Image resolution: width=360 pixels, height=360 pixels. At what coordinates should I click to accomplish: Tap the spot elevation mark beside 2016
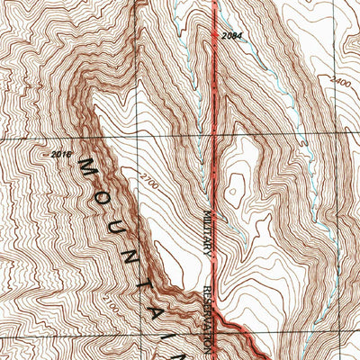coord(45,156)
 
